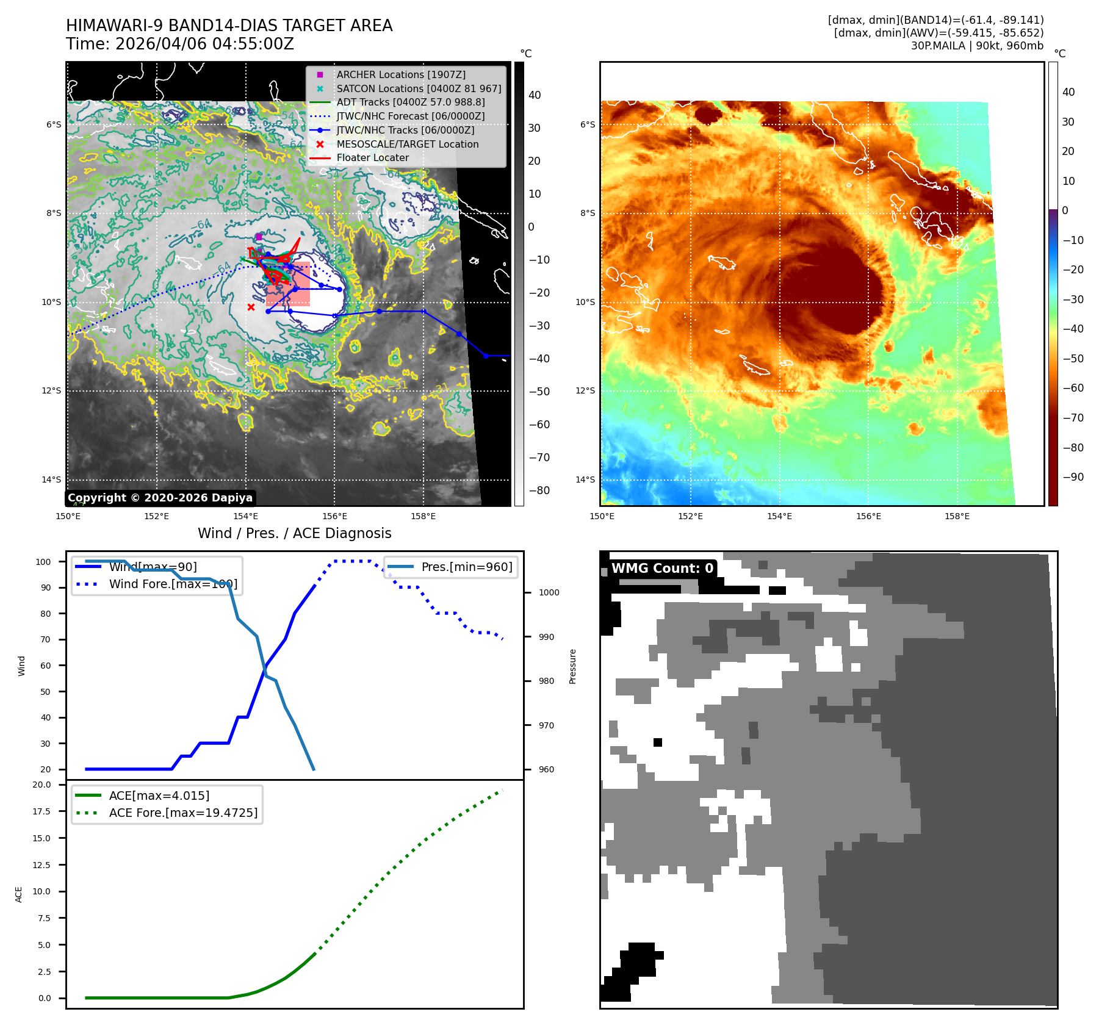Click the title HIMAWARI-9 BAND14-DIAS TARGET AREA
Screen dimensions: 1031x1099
229,26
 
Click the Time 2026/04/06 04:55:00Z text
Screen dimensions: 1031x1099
180,45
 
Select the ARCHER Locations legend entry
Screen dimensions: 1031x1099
400,74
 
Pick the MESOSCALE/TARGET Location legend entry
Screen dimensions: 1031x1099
407,144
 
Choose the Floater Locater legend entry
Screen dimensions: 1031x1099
372,157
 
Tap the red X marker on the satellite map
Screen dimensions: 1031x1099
251,307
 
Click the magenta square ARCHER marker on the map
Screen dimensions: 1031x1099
259,237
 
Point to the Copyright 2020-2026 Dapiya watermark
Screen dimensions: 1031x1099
160,498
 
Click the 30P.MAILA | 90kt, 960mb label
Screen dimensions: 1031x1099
977,46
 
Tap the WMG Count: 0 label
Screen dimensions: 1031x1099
662,569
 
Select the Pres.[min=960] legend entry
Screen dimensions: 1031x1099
466,567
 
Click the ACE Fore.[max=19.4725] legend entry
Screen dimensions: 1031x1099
183,813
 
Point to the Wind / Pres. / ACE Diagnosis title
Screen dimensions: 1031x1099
294,533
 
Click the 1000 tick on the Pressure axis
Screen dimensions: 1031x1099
549,592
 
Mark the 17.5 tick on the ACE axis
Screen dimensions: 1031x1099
41,811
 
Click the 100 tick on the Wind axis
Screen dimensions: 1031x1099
43,562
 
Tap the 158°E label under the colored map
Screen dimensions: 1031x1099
957,516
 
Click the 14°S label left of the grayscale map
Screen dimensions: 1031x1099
51,480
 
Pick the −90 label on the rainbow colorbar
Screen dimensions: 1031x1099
1073,477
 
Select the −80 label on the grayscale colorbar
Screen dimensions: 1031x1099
539,490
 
